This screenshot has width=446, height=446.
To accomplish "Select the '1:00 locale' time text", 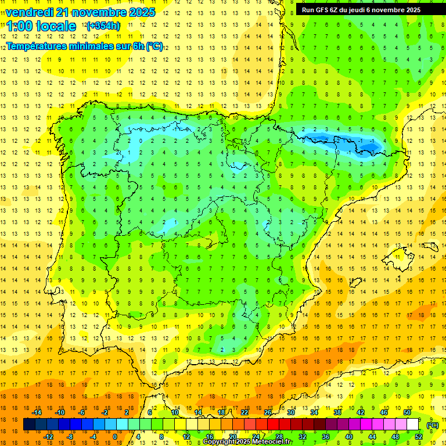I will click(x=41, y=26).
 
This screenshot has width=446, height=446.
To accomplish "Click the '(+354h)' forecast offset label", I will click(x=103, y=26).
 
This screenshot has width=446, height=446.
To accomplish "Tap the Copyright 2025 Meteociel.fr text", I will click(x=247, y=442).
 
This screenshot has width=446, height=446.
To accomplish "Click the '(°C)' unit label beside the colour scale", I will click(x=433, y=425).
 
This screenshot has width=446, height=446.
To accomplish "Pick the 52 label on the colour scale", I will click(x=418, y=437).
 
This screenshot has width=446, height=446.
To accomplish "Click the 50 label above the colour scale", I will click(x=407, y=412).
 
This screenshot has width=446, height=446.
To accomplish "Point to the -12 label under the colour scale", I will click(x=48, y=437).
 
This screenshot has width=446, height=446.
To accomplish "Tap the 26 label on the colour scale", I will click(x=268, y=412).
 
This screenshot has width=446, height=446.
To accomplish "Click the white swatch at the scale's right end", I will click(x=412, y=425).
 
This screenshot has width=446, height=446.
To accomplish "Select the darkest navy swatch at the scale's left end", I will click(x=29, y=425).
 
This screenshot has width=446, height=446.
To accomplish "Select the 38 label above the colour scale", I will click(x=337, y=412).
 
